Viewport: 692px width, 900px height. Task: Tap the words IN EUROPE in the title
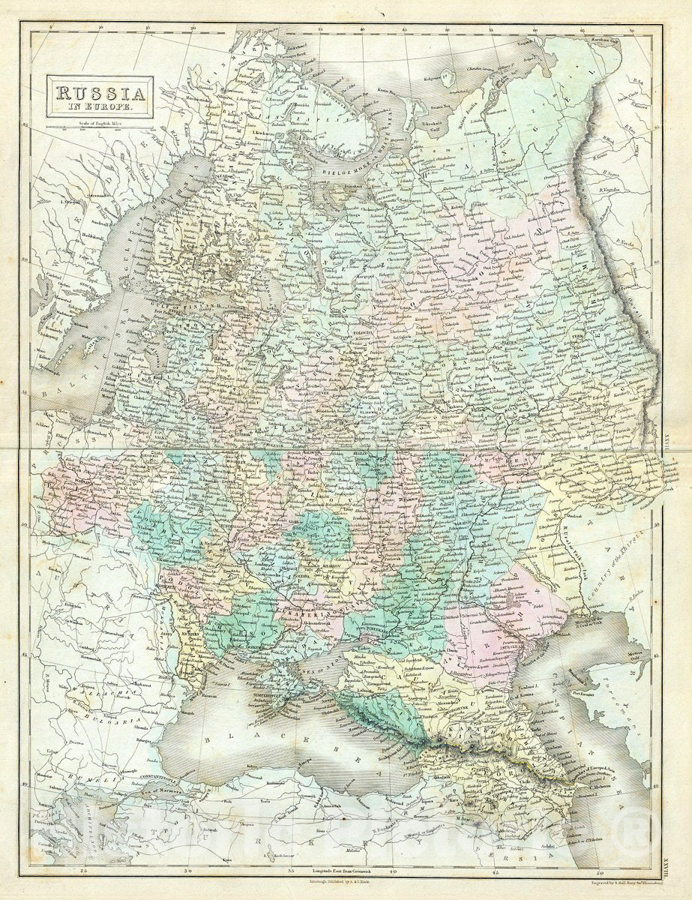(100, 109)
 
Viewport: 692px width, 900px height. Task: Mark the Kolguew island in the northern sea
(447, 76)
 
